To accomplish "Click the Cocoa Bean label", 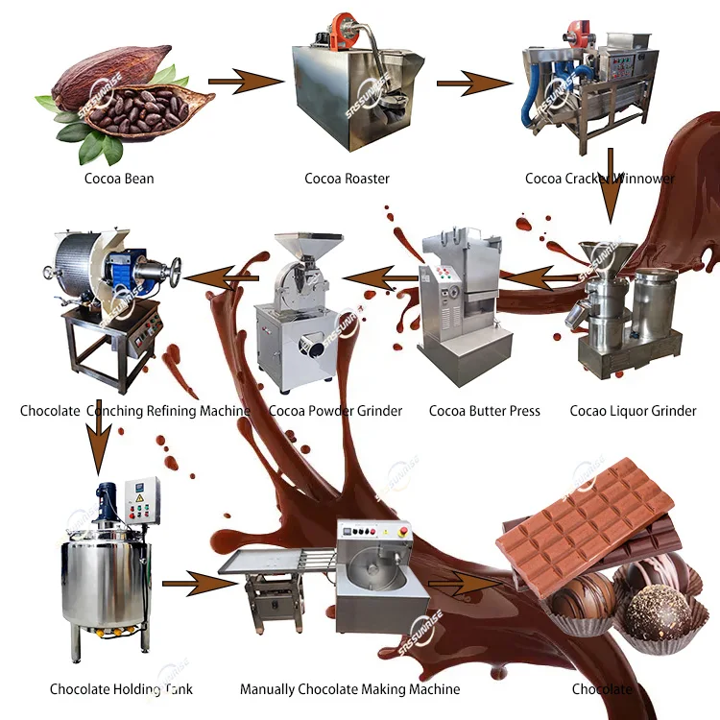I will [x=119, y=179].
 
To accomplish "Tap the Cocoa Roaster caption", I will [x=347, y=179].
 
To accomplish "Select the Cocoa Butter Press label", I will [x=484, y=411].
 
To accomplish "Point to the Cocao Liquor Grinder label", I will [x=633, y=411].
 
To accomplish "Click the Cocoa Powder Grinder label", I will [x=335, y=411].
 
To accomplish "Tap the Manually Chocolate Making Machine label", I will [x=349, y=689].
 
